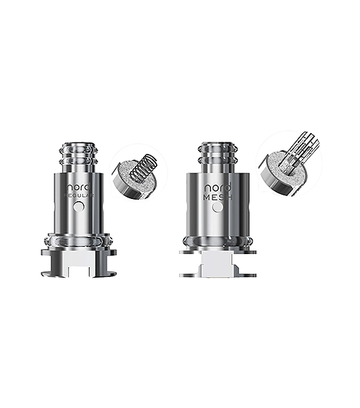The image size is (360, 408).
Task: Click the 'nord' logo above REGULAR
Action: (x=80, y=183)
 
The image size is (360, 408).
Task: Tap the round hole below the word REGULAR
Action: (x=80, y=206)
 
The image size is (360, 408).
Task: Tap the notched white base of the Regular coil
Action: (x=79, y=263)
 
